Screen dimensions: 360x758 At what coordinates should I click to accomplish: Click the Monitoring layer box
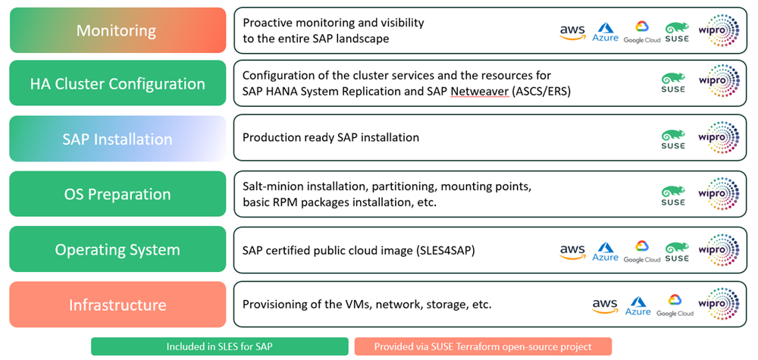pyautogui.click(x=117, y=30)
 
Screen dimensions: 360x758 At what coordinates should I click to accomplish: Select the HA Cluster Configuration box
pyautogui.click(x=117, y=83)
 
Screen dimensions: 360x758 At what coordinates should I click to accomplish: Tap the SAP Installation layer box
pyautogui.click(x=117, y=139)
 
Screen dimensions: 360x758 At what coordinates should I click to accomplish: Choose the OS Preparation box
pyautogui.click(x=117, y=194)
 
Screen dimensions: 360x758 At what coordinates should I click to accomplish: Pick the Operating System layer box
pyautogui.click(x=117, y=249)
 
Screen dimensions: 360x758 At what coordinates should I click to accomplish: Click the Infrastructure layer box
pyautogui.click(x=117, y=305)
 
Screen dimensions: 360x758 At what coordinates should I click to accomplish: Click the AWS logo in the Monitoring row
pyautogui.click(x=572, y=32)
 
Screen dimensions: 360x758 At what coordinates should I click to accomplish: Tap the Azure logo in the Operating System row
pyautogui.click(x=606, y=252)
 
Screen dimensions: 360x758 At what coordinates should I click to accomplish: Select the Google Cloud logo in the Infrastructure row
pyautogui.click(x=675, y=305)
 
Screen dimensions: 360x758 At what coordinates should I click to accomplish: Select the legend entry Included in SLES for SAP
pyautogui.click(x=219, y=346)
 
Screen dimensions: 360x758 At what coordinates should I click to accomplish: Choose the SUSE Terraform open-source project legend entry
pyautogui.click(x=482, y=346)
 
